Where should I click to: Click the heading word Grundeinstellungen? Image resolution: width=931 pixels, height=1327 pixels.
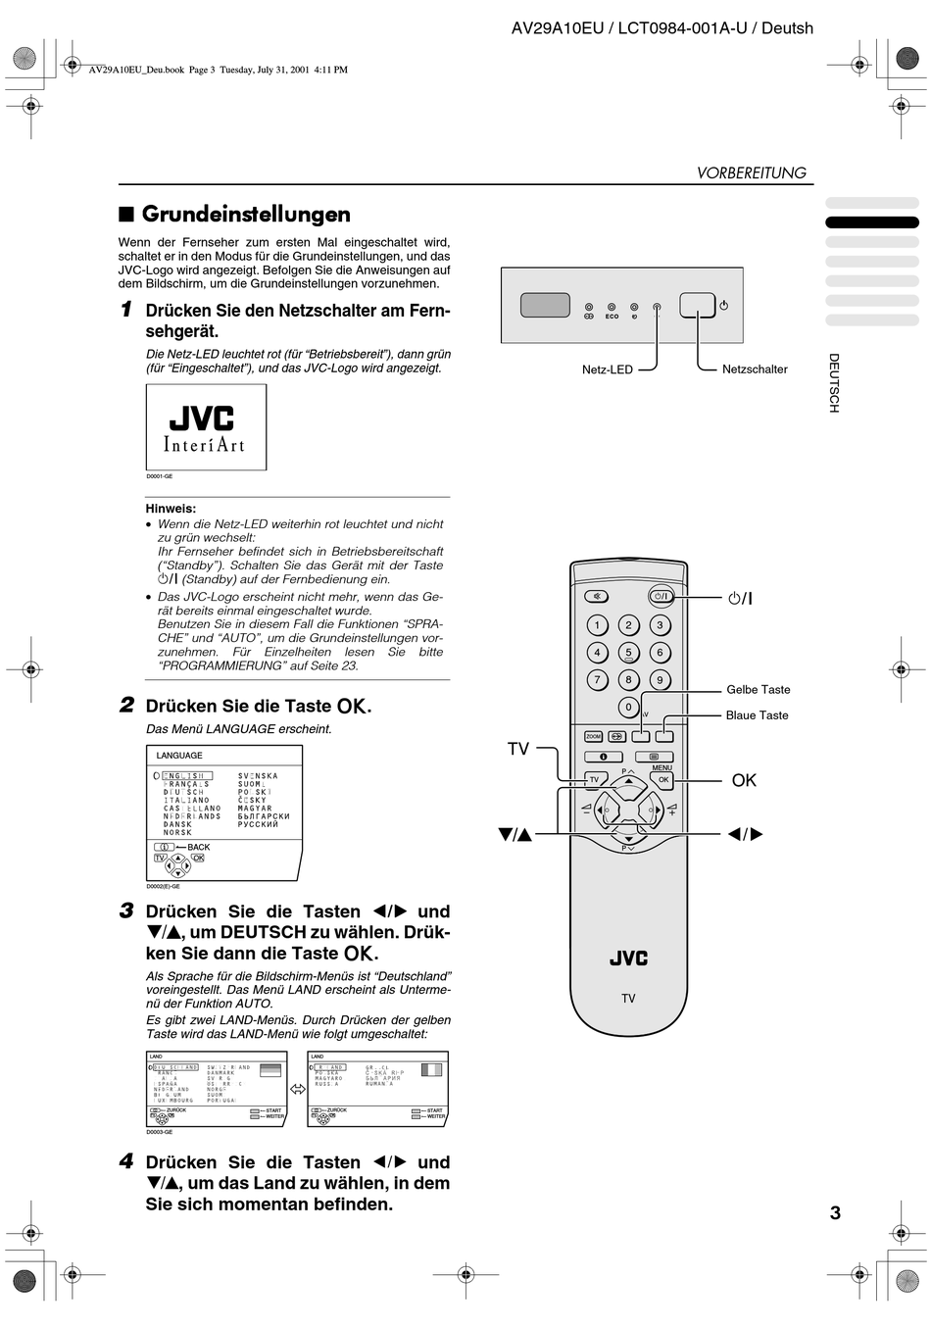coord(246,214)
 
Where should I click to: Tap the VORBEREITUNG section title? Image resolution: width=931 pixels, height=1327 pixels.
coord(751,172)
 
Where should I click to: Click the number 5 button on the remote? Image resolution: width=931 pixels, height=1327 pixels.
coord(628,652)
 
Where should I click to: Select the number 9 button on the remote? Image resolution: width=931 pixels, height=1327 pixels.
coord(660,679)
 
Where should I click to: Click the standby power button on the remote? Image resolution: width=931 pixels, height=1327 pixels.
coord(661,596)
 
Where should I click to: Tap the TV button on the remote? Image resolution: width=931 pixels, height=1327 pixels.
coord(594,779)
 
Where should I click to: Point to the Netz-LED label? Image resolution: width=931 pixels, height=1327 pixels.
coord(608,369)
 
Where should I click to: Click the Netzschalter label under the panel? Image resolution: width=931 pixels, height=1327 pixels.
coord(755,369)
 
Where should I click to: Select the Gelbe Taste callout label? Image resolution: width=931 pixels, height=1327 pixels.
coord(758,690)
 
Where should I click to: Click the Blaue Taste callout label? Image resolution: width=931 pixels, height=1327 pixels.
coord(757,715)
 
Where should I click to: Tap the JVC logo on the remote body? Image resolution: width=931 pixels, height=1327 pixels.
coord(628,958)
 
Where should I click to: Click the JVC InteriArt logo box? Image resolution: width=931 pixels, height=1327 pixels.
coord(206,427)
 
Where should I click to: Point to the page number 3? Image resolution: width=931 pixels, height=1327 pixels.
coord(835,1212)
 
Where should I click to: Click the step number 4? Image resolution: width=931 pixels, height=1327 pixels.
coord(126,1161)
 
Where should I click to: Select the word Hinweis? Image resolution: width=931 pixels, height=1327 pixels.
coord(171,509)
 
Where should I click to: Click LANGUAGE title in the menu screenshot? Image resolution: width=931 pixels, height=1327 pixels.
coord(179,756)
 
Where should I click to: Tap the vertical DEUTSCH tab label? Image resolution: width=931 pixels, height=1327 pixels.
coord(834,382)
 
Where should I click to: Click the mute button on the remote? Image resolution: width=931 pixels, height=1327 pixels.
coord(596,596)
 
